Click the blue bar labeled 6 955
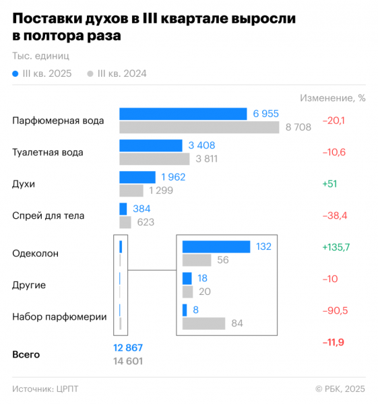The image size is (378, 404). click(x=183, y=114)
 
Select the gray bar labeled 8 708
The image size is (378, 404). click(x=199, y=127)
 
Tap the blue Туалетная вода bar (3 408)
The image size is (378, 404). click(x=151, y=145)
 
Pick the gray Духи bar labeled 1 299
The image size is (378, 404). click(x=131, y=191)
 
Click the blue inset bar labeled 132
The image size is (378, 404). click(x=216, y=247)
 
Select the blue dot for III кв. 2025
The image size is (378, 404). click(x=15, y=74)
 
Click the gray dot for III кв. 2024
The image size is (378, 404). click(x=90, y=74)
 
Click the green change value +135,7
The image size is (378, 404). click(x=336, y=248)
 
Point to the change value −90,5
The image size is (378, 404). click(x=334, y=310)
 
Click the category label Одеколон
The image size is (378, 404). click(x=36, y=254)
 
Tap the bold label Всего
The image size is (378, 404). click(x=26, y=354)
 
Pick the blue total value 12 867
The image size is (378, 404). click(x=128, y=348)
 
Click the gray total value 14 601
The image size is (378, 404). click(x=128, y=362)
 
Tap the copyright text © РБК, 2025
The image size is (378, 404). click(x=340, y=389)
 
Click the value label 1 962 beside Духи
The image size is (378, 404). click(x=172, y=178)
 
